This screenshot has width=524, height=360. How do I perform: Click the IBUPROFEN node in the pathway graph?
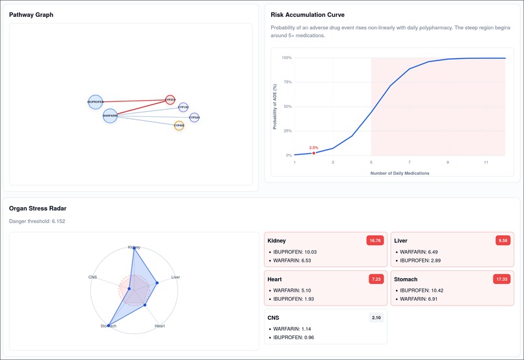tap(96, 102)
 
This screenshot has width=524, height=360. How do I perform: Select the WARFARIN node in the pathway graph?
tap(110, 116)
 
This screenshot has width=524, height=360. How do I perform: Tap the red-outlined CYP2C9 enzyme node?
tap(170, 100)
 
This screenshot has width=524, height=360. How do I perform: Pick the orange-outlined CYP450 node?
tap(179, 125)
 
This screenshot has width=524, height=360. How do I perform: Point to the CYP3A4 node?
tap(194, 118)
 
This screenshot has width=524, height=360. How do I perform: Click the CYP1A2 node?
tap(183, 107)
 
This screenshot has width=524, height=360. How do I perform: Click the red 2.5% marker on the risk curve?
tap(314, 153)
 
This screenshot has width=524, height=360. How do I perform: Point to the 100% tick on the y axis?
tap(286, 58)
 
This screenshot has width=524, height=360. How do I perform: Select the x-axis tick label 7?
tap(410, 162)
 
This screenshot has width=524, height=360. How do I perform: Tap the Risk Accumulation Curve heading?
tap(308, 14)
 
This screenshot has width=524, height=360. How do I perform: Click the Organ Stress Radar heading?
tap(38, 209)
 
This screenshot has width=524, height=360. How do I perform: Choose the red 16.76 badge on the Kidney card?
tap(374, 240)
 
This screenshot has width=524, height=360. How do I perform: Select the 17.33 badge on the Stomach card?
tap(501, 279)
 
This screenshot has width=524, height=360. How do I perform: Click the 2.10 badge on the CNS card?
tap(375, 317)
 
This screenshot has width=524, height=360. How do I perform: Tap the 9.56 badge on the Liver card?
tap(503, 240)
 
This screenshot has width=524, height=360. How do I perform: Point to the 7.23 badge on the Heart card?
tap(376, 279)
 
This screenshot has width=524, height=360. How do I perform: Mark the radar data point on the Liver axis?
tap(157, 283)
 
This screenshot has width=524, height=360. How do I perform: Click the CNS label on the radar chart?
tap(92, 277)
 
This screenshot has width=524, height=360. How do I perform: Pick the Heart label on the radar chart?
tap(160, 326)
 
